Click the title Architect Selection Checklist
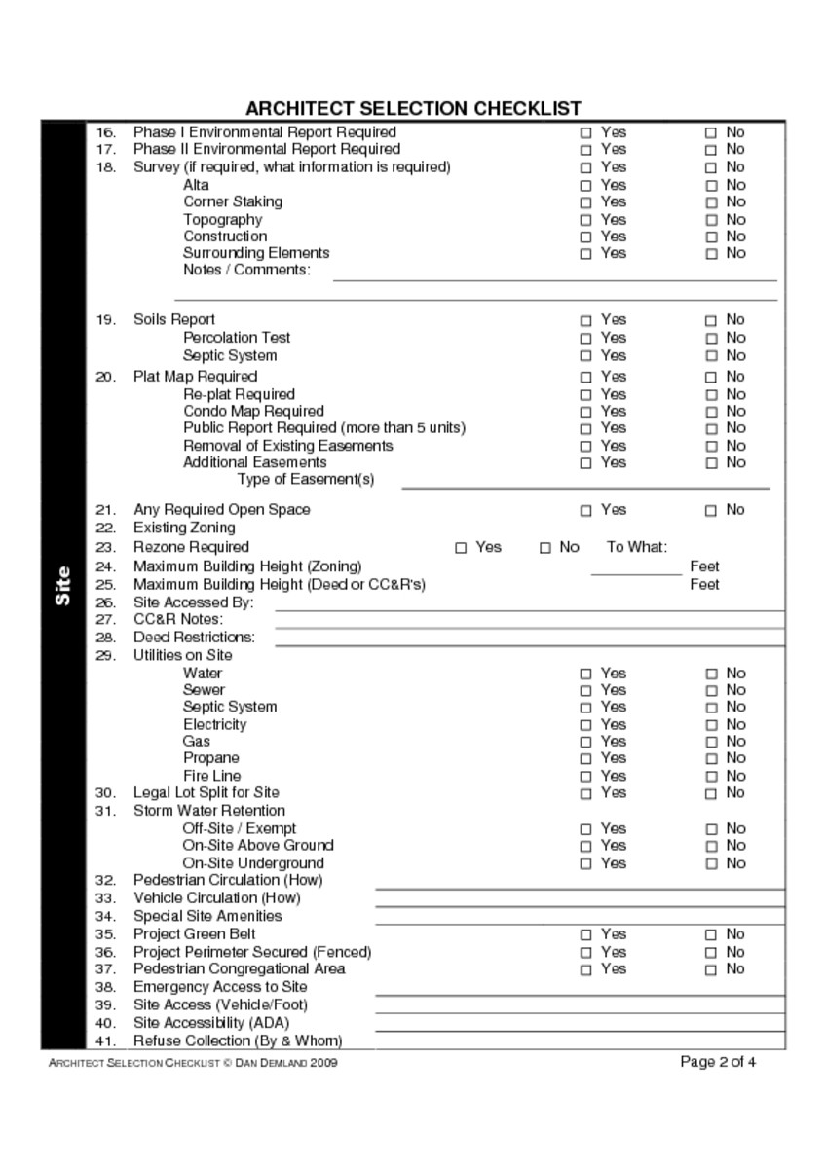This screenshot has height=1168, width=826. coord(413,108)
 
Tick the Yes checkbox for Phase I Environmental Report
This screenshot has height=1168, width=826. coord(585,132)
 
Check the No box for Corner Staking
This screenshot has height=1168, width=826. coord(710,202)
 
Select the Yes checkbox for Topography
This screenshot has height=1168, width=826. coord(585,220)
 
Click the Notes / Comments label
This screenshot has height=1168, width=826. coord(246,270)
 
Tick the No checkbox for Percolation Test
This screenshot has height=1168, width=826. coord(710,338)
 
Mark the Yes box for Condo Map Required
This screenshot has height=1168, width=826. coord(585,412)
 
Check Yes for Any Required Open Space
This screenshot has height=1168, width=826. coord(585,510)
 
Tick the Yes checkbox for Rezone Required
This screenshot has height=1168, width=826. coord(461,548)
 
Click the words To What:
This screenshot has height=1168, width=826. coord(636,547)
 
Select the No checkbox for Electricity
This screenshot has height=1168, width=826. coord(710,725)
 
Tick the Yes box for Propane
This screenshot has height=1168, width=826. coord(585,758)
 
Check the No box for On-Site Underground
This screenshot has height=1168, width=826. coord(710,863)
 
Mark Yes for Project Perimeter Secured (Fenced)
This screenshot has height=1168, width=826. coord(585,952)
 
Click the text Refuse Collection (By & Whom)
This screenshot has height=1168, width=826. coord(238,1040)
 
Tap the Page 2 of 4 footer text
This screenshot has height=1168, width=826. coord(718,1062)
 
